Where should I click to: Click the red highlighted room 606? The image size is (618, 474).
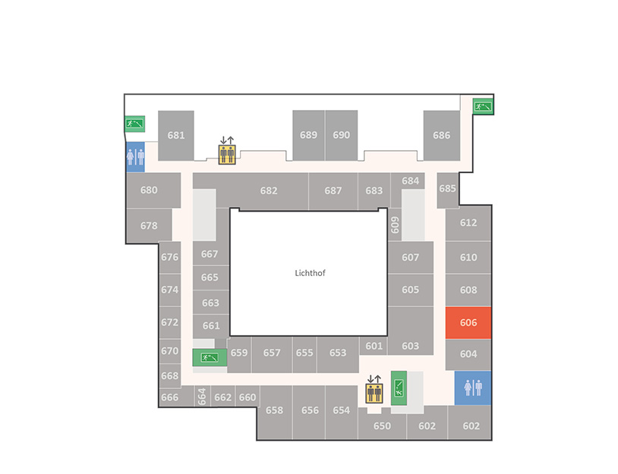tap(468, 322)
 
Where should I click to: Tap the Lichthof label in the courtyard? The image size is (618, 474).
tap(311, 273)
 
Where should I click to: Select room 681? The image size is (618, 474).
tap(176, 136)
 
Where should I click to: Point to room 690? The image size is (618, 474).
tap(342, 136)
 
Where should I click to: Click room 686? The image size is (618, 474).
tap(441, 136)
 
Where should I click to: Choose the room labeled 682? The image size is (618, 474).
tap(269, 191)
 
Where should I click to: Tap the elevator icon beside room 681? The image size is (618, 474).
tap(227, 150)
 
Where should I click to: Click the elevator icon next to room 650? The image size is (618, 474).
tap(374, 390)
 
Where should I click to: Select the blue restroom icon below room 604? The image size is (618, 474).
tap(473, 388)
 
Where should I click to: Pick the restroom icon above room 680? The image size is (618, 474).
tap(135, 157)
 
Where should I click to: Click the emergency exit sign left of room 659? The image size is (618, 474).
tap(210, 357)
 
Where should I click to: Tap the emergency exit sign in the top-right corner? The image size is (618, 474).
tap(483, 106)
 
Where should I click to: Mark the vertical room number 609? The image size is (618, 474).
tap(395, 224)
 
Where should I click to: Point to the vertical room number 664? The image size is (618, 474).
tap(202, 397)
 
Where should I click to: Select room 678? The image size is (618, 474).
tap(149, 225)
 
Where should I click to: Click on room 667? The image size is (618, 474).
tap(210, 254)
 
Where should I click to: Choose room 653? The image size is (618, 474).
tap(338, 353)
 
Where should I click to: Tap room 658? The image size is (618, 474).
tap(274, 410)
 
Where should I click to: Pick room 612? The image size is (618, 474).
tap(468, 223)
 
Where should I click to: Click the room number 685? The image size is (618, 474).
tap(447, 189)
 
